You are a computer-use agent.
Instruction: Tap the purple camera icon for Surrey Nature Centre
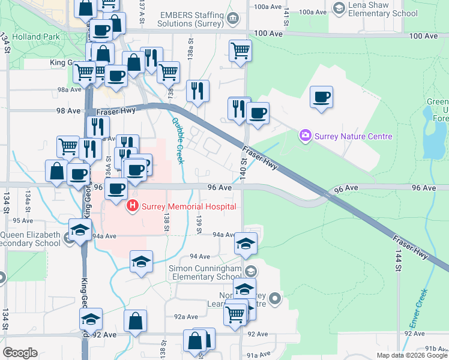click(306, 136)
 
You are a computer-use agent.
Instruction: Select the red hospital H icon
click(131, 207)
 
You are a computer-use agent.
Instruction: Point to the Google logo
click(20, 352)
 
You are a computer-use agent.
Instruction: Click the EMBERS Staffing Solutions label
click(191, 18)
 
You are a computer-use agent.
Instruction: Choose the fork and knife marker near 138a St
click(197, 91)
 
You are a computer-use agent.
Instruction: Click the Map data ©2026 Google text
click(412, 355)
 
